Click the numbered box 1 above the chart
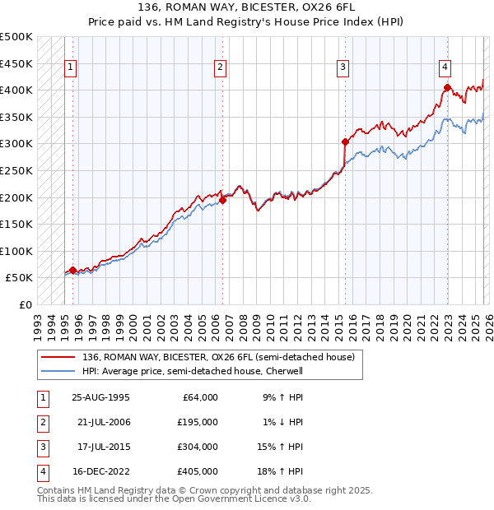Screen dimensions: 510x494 point(72,68)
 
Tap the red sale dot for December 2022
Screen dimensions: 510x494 point(445,87)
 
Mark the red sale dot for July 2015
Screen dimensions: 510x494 point(345,141)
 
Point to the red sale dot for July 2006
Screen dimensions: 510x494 point(222,200)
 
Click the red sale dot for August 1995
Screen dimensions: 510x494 point(72,270)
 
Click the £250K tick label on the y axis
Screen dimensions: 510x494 point(16,170)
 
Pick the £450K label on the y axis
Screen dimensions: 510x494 point(16,63)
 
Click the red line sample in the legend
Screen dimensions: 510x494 point(58,357)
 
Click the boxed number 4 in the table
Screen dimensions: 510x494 point(41,471)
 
